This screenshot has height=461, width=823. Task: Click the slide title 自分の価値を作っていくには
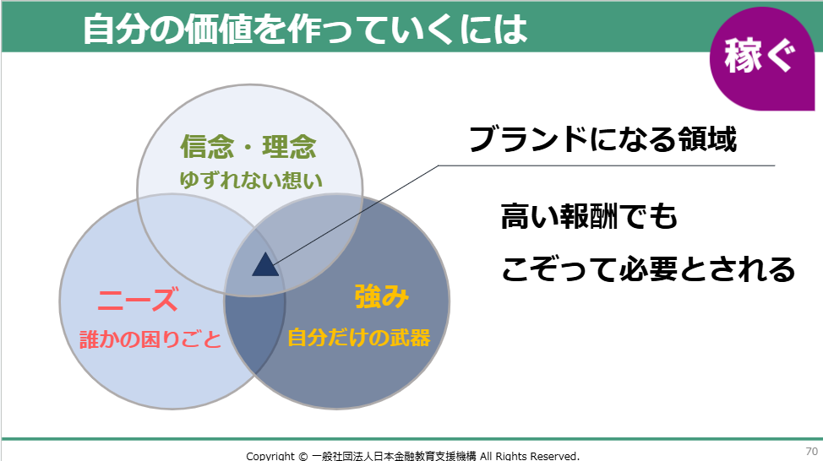pos(305,30)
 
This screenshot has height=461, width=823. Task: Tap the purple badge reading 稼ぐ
pos(761,59)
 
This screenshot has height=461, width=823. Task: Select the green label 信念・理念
pos(248,146)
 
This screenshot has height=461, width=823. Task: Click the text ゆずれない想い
pos(251,181)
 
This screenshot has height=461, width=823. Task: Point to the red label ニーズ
pos(138,300)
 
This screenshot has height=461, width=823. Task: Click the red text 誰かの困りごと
pos(150,339)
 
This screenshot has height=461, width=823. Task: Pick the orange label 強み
pos(382,297)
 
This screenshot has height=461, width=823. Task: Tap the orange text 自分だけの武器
pos(359,337)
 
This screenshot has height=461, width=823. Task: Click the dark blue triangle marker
pos(265,265)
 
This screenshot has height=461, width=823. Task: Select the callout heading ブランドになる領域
pos(602,139)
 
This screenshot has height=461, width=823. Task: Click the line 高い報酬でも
pos(590,217)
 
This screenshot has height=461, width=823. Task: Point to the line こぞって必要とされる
pos(648,269)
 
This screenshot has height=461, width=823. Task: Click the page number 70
pos(811,451)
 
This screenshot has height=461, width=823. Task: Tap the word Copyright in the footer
pos(270,456)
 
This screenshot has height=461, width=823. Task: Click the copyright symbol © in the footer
pos(302,456)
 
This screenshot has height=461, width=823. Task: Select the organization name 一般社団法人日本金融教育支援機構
pos(394,456)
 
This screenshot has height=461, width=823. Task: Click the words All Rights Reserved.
pos(530,456)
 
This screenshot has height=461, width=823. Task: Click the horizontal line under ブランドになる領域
pos(606,165)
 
